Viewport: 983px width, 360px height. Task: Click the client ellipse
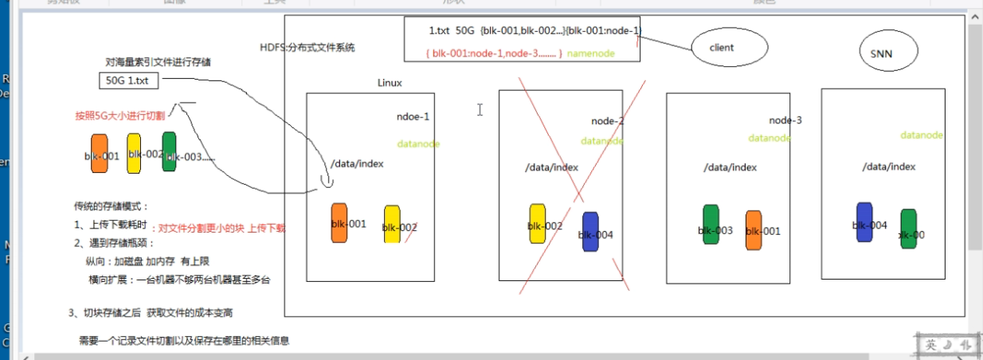(x=729, y=48)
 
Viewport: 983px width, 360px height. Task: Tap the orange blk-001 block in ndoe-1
(x=339, y=222)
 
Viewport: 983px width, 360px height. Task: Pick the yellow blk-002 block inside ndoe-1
(x=392, y=224)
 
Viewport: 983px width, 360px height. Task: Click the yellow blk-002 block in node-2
(x=538, y=223)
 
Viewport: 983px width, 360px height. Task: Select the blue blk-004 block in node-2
(x=590, y=232)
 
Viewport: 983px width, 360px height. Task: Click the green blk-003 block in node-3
(x=711, y=225)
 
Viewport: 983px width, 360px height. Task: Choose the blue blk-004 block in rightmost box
(x=864, y=222)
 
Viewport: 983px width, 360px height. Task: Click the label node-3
(x=785, y=120)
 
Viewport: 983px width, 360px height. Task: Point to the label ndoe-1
(x=413, y=116)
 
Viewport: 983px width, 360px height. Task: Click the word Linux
(x=390, y=82)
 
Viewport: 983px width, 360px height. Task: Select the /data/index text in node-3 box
(x=730, y=167)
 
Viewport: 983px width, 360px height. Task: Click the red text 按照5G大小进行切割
(x=117, y=115)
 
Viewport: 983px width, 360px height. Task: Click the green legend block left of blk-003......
(x=169, y=151)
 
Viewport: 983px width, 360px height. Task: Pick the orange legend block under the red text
(x=100, y=152)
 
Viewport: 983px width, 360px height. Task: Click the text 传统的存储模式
(x=111, y=205)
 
